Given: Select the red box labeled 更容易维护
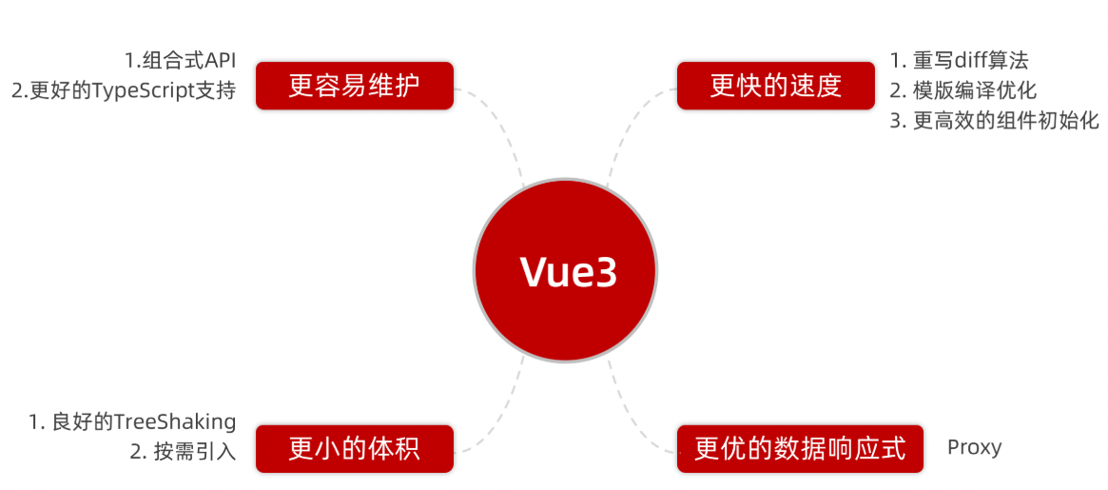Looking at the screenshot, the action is coord(354,86).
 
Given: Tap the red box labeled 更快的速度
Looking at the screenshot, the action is coord(775,86).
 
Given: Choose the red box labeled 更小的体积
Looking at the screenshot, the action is coord(354,448).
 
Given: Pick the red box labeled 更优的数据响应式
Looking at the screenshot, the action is coord(800,448).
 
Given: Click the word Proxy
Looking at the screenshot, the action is coord(974,447).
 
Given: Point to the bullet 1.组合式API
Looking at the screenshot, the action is coord(180,61).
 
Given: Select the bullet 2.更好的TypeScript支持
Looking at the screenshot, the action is coord(124,91).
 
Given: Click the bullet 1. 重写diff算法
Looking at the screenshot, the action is coord(959,61).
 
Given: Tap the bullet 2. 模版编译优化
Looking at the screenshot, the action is coord(962,91).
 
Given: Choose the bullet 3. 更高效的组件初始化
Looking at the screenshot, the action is coord(994,122).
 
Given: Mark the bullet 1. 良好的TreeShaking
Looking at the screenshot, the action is coord(132,421).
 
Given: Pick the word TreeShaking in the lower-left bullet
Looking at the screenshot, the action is coord(175,421).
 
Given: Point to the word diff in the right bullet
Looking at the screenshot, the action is coord(959,61).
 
